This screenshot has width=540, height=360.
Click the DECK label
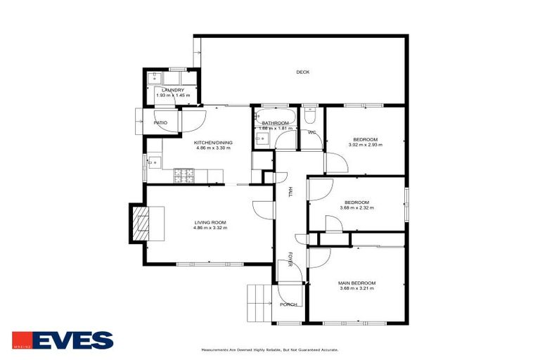(x=302, y=72)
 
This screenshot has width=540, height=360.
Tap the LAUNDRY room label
(x=172, y=90)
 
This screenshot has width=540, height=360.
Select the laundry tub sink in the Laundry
(x=155, y=77)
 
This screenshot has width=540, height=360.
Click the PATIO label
(x=160, y=123)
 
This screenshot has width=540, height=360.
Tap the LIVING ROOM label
(x=210, y=222)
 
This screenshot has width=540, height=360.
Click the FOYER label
(x=289, y=260)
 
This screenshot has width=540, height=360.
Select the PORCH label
(x=288, y=304)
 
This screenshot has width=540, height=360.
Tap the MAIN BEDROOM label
(x=356, y=283)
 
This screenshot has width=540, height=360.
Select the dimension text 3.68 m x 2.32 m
(x=356, y=208)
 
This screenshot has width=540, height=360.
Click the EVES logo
(x=63, y=341)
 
